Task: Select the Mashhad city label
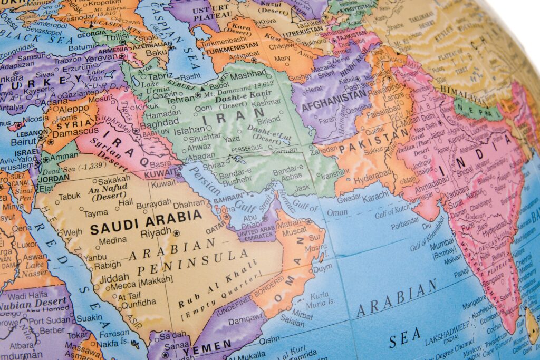point(248,75)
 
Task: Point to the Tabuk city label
point(70,197)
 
